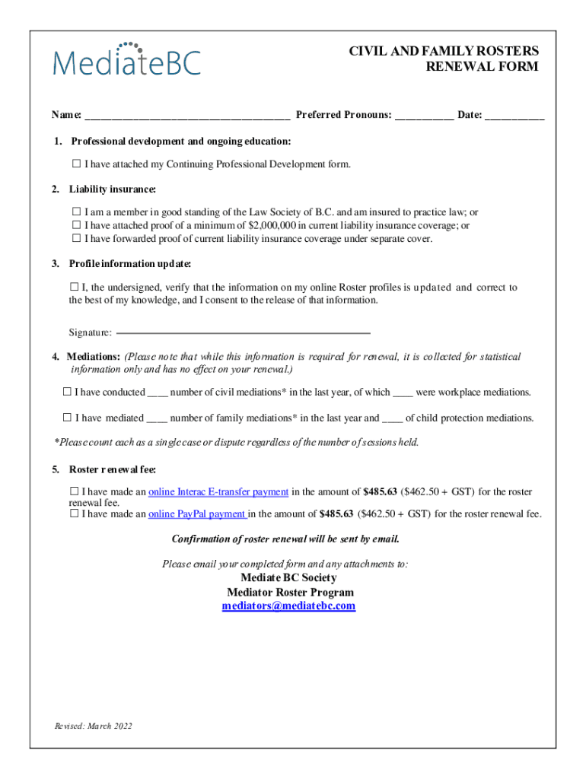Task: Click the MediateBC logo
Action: (126, 59)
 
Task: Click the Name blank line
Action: (186, 116)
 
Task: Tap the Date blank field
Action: (514, 116)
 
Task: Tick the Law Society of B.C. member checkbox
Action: (76, 213)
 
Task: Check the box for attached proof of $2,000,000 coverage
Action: (76, 226)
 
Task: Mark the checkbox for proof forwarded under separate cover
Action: (76, 239)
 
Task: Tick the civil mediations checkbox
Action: (67, 393)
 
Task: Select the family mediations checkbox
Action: (67, 418)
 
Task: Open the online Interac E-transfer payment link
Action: (218, 492)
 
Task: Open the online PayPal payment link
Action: (198, 514)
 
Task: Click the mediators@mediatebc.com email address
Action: (288, 606)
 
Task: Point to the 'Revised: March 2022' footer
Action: (93, 726)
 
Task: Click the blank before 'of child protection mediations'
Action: (392, 418)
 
